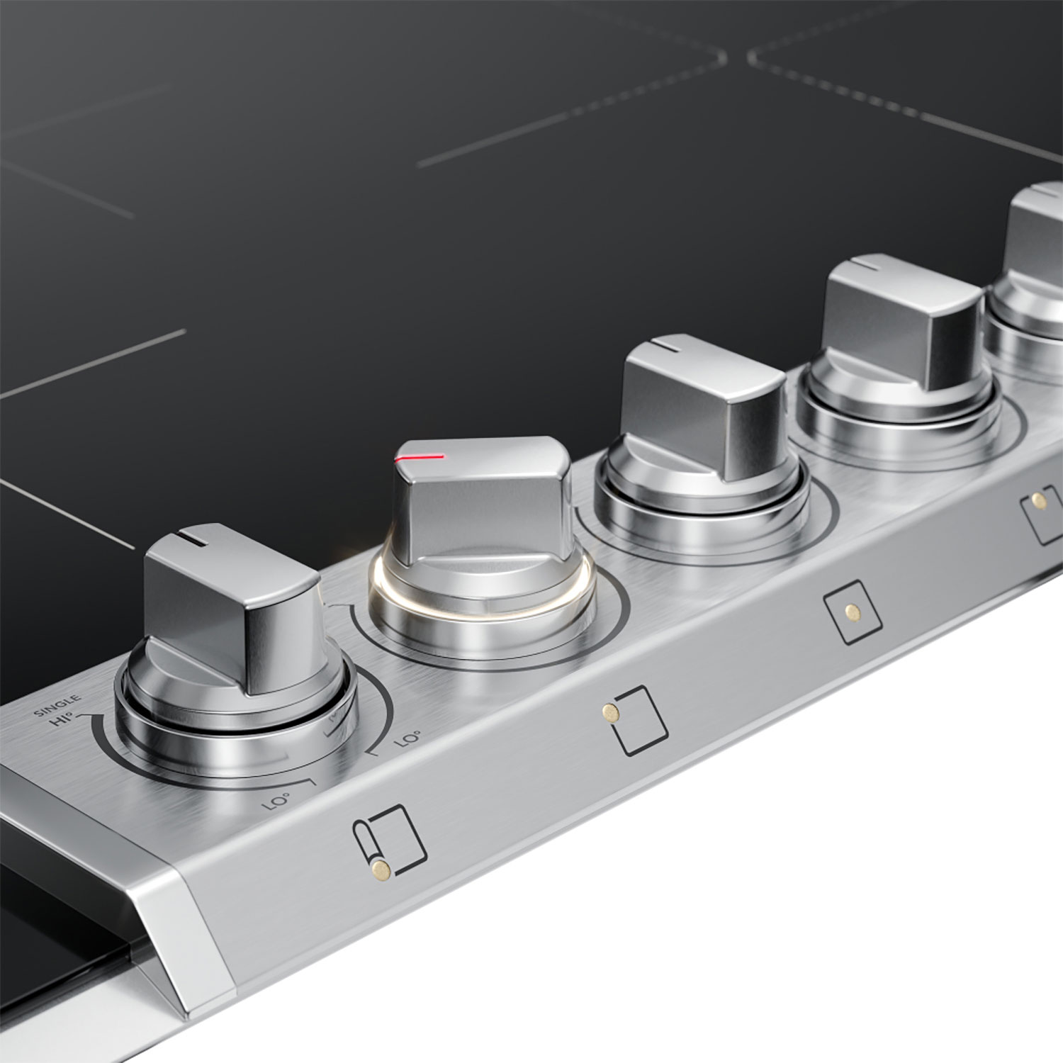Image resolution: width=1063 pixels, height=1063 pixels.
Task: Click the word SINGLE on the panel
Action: coord(57,707)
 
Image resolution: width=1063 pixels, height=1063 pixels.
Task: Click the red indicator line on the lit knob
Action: coord(420,458)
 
